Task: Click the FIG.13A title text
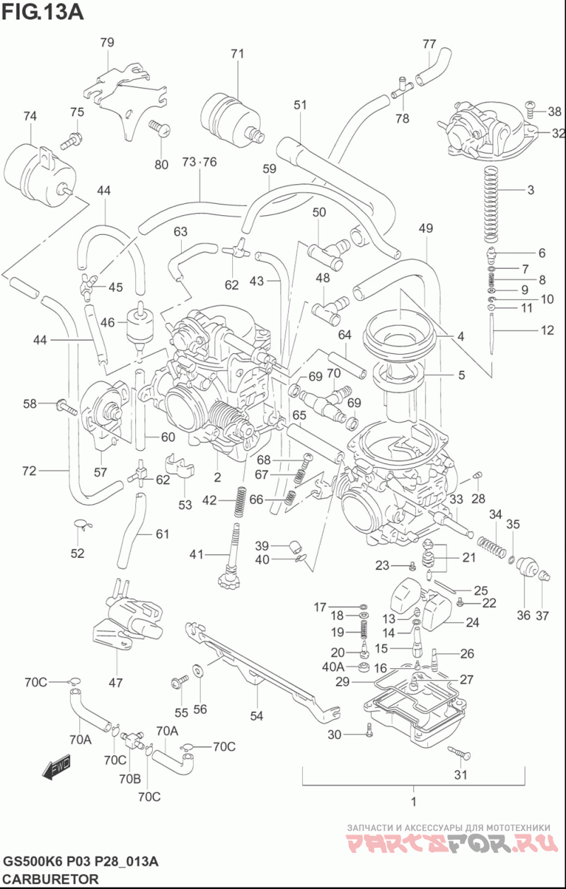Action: coord(42,12)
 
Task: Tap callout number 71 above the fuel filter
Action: coord(237,54)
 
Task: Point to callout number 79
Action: coord(107,42)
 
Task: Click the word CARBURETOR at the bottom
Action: coord(50,878)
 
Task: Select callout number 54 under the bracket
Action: coord(257,716)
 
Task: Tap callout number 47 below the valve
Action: coord(116,682)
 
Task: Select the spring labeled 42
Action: coord(239,502)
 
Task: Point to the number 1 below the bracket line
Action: coord(414,801)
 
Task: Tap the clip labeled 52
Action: coord(83,524)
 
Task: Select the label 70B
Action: coord(130,779)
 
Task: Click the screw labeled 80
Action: coord(159,128)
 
